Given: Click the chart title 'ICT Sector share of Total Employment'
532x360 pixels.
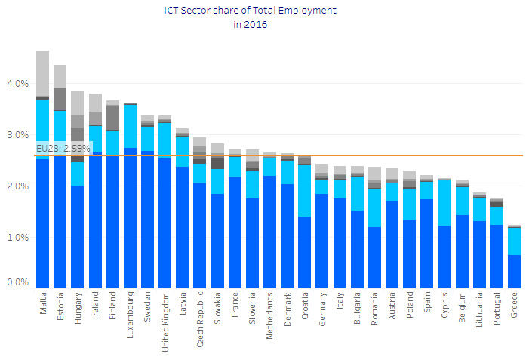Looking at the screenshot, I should point(250,11).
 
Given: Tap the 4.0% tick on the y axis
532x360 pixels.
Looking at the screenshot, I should point(17,84).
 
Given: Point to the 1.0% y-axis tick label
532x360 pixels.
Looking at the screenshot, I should point(17,237).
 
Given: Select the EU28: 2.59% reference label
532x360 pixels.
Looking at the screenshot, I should point(63,149).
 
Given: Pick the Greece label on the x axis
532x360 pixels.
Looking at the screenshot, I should point(513,308).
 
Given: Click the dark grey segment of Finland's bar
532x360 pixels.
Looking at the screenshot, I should point(112,117).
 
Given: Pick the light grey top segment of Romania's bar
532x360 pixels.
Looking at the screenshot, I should point(374,174).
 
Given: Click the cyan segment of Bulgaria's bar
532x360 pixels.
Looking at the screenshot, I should point(357,193).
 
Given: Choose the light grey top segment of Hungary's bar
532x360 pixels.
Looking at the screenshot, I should point(78,103).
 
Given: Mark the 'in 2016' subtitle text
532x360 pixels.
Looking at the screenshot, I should point(250,24).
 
